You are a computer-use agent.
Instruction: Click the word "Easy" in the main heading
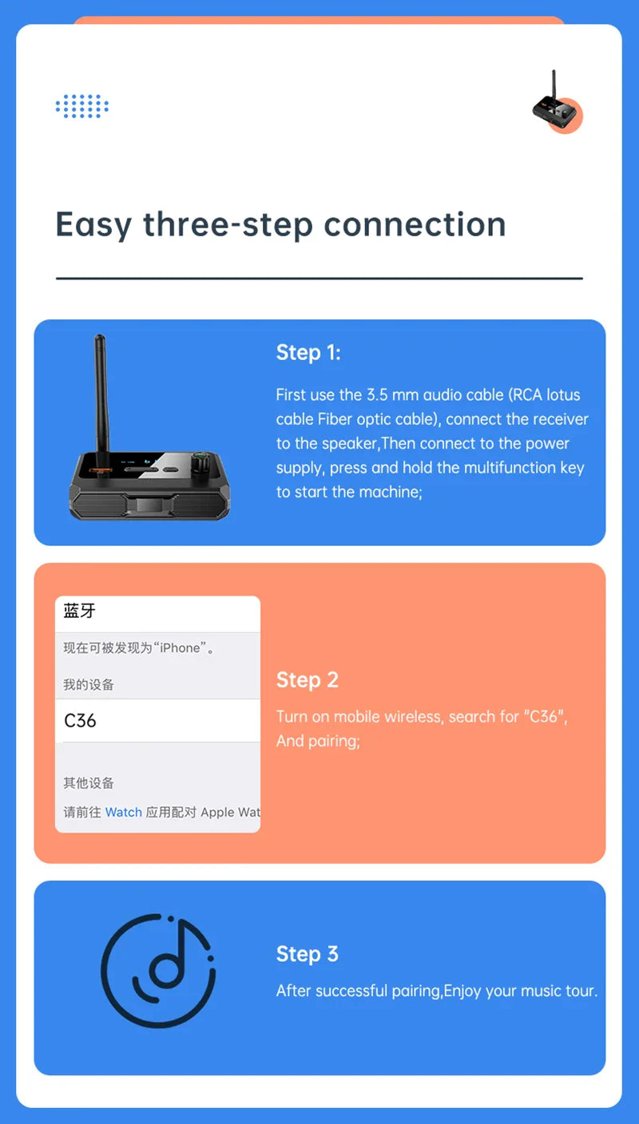click(x=93, y=225)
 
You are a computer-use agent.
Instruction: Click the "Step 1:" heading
click(x=308, y=352)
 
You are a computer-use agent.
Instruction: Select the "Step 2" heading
click(x=308, y=679)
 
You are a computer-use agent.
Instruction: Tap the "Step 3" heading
click(x=308, y=953)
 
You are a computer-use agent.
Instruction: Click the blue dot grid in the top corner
click(x=82, y=106)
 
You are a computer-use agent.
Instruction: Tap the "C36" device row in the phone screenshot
click(x=157, y=720)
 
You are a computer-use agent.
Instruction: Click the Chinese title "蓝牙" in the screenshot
click(x=80, y=611)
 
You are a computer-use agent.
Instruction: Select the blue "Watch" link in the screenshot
click(x=123, y=812)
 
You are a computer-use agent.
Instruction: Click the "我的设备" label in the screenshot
click(x=89, y=684)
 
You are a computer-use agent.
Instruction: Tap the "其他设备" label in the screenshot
click(x=89, y=782)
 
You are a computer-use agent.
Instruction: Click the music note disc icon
click(x=157, y=970)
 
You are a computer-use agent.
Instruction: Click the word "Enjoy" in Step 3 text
click(x=462, y=991)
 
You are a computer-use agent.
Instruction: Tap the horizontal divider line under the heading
click(x=319, y=279)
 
